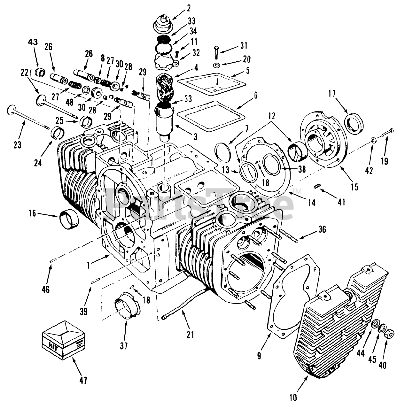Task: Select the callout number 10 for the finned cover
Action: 293,397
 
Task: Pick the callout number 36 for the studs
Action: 322,229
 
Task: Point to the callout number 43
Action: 33,42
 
